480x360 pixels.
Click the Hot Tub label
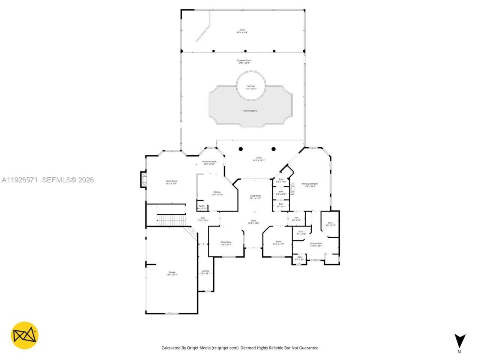[x=251, y=87]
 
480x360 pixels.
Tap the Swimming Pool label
[x=250, y=111]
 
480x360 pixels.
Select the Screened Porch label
[x=244, y=61]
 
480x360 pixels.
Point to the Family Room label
[x=171, y=182]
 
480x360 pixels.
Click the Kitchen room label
[x=217, y=193]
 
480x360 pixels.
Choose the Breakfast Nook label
[x=209, y=163]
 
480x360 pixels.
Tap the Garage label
[x=172, y=273]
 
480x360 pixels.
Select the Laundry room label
[x=205, y=272]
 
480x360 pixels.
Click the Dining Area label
[x=226, y=243]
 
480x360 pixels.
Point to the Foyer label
[x=253, y=222]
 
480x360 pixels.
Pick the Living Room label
[x=255, y=197]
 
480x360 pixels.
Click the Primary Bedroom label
[x=310, y=185]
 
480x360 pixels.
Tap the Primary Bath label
[x=316, y=244]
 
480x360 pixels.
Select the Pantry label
[x=202, y=207]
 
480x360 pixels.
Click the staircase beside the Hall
[x=171, y=220]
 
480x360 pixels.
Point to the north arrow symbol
[x=460, y=342]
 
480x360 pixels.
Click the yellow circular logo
[x=24, y=335]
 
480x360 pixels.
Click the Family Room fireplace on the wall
[x=143, y=180]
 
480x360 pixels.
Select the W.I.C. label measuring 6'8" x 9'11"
[x=330, y=224]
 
